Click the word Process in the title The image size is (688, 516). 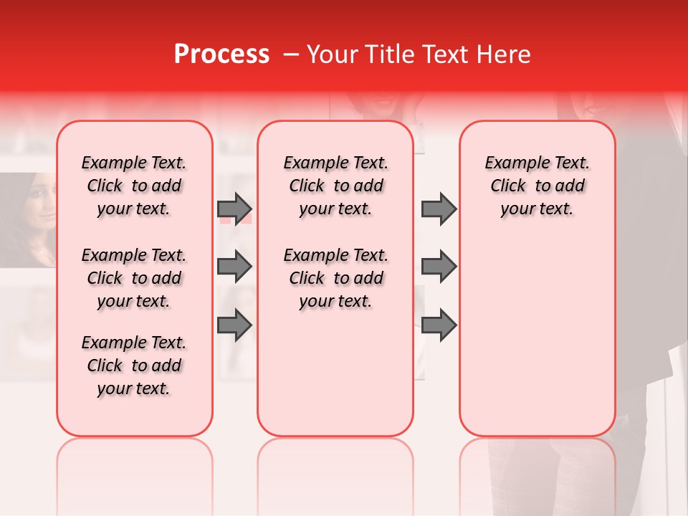(x=221, y=54)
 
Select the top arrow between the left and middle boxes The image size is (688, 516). (x=234, y=209)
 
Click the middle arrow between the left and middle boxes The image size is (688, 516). (x=234, y=267)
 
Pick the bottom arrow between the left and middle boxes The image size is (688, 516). (x=234, y=325)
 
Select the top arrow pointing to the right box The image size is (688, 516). (x=439, y=209)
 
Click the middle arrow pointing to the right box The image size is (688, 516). (x=439, y=267)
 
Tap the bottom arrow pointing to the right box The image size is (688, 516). (x=439, y=325)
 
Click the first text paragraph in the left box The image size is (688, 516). (x=134, y=186)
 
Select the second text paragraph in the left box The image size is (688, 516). (x=134, y=278)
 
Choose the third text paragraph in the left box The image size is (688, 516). (x=134, y=365)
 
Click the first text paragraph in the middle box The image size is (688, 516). (x=335, y=186)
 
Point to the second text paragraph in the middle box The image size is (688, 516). (x=335, y=278)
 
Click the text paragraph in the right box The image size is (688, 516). (x=537, y=186)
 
